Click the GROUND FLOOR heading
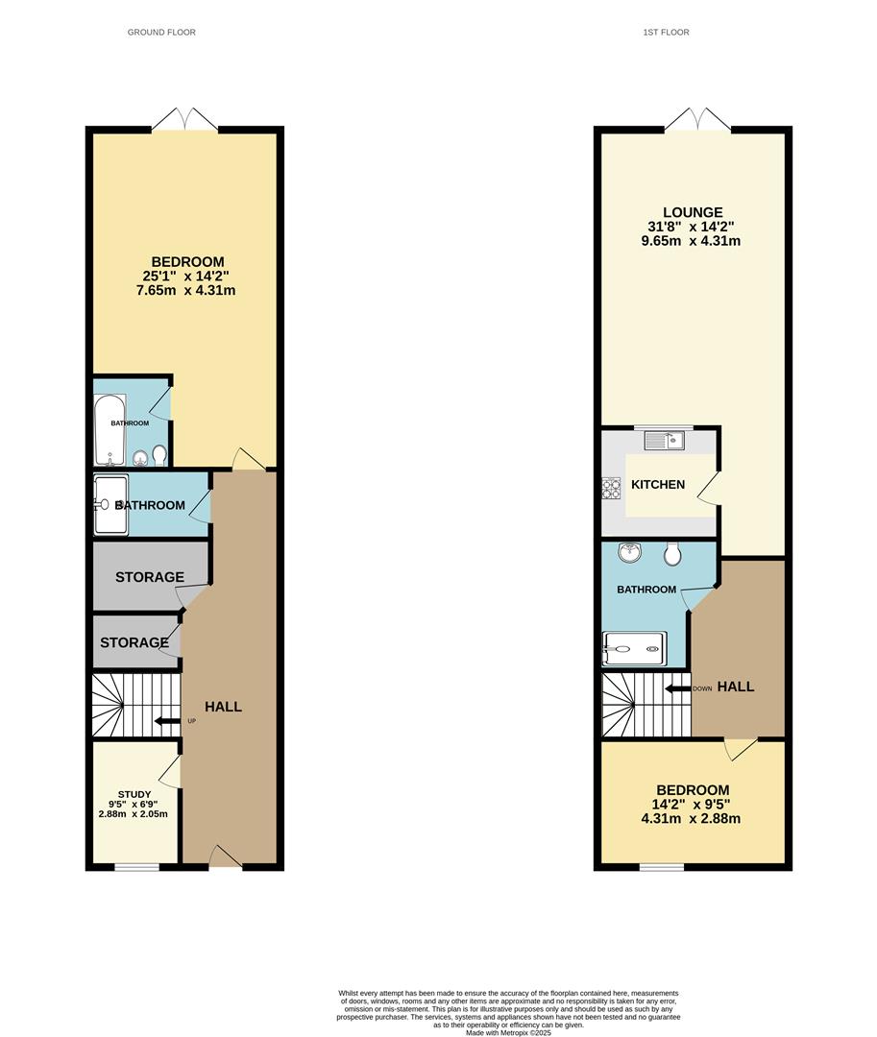[161, 33]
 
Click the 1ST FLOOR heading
[666, 33]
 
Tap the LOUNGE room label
[692, 212]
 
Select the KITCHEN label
[658, 485]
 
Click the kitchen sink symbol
[664, 441]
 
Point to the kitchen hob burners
[611, 488]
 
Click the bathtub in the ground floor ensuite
[109, 430]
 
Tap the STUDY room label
[134, 794]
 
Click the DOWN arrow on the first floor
[680, 688]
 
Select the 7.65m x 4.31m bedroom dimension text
[187, 290]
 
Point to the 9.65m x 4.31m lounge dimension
[692, 241]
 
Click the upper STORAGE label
[150, 577]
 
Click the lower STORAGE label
[134, 642]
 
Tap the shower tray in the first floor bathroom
[633, 649]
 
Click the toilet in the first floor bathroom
[672, 553]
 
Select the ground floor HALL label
[223, 707]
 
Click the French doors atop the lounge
[697, 120]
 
